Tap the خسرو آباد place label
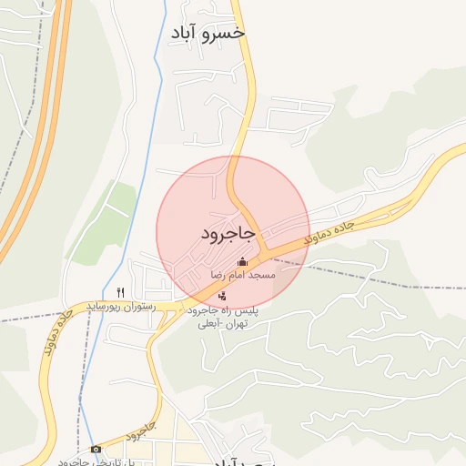click(x=208, y=33)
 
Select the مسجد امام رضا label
click(x=242, y=274)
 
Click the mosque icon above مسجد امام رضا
click(x=242, y=262)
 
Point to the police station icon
click(x=223, y=295)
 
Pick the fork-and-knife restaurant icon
click(x=121, y=292)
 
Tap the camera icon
click(x=96, y=449)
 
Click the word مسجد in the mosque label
click(x=263, y=274)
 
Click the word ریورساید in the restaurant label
click(x=108, y=308)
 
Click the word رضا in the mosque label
click(x=218, y=274)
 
